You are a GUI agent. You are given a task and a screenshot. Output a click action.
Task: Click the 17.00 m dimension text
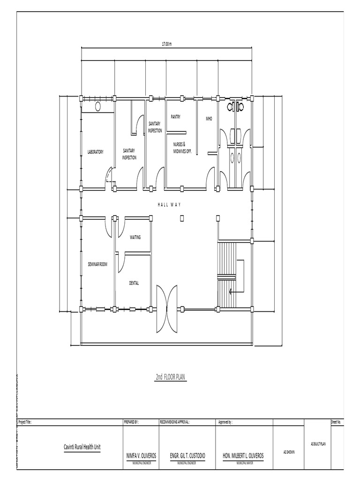167,44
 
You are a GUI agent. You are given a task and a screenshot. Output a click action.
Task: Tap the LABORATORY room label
95,152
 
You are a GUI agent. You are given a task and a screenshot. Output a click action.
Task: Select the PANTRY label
176,116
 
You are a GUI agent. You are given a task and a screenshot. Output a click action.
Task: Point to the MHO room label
209,119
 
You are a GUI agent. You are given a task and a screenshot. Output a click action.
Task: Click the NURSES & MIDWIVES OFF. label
182,148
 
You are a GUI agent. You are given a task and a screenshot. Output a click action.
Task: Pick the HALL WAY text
169,205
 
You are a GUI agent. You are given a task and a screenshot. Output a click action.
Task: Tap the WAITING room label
135,237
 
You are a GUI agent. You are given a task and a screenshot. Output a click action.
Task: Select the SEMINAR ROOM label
97,265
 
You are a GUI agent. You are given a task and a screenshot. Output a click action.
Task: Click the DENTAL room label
134,283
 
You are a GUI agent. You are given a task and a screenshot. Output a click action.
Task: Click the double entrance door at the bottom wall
167,308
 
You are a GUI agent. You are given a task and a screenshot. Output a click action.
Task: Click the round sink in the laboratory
98,106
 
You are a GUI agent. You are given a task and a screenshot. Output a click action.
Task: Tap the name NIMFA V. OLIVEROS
141,456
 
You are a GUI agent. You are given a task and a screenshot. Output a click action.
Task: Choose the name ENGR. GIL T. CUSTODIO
187,456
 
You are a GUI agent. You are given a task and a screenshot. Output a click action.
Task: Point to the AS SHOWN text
289,452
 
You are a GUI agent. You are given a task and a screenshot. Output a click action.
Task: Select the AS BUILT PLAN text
318,443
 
